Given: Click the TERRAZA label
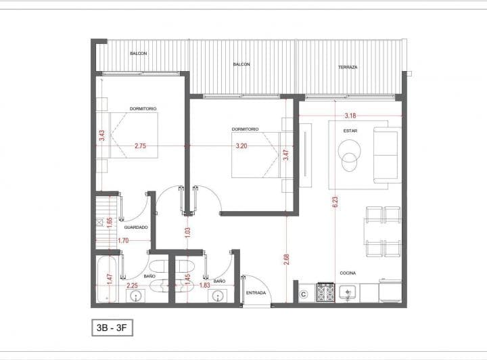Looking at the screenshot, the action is click(x=348, y=67).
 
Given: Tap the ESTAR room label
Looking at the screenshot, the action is click(x=350, y=131).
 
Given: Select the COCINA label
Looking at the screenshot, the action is click(x=348, y=273).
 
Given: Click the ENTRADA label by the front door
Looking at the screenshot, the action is click(x=256, y=293).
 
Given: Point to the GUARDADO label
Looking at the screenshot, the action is click(x=136, y=227).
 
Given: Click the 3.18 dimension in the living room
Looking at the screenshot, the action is click(x=350, y=116).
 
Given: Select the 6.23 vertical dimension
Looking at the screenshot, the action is click(x=335, y=202).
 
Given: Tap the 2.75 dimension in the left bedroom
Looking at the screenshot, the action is click(x=141, y=145).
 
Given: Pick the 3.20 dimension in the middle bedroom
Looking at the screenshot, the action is click(x=241, y=145).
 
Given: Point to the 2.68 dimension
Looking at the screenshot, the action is click(x=286, y=259).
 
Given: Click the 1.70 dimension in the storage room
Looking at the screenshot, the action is click(x=123, y=240).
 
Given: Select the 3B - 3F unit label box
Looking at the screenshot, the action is click(x=112, y=328).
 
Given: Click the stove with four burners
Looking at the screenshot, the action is click(x=325, y=292).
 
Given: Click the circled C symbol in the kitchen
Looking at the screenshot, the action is click(x=304, y=294).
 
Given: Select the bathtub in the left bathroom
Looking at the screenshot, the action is click(x=107, y=279).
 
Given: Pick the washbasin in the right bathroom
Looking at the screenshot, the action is click(x=219, y=296).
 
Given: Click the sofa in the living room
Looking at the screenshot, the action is click(x=388, y=155).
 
